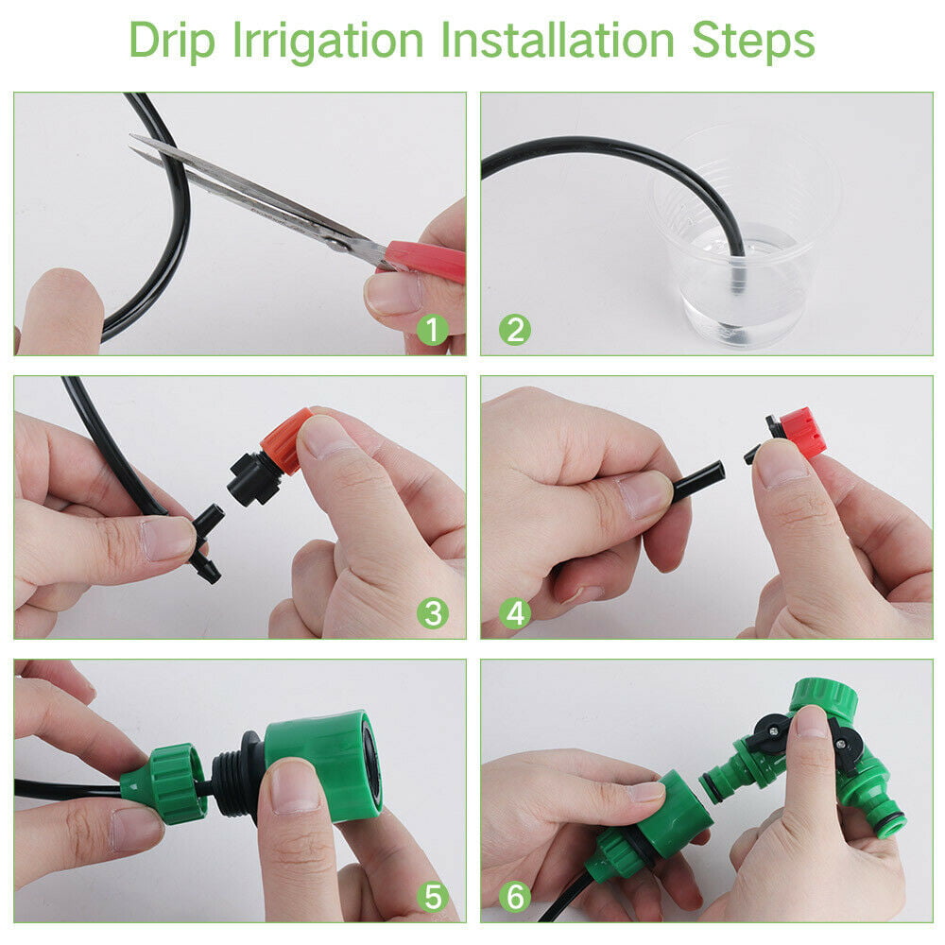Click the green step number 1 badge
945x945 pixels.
tap(433, 330)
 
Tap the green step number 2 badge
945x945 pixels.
tap(515, 330)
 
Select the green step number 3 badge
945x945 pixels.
tap(433, 613)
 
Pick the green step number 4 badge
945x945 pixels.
tap(515, 613)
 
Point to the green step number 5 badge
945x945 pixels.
tap(433, 897)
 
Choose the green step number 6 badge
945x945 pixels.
tap(515, 897)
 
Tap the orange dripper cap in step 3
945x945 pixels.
tap(288, 439)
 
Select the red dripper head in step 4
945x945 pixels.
tap(801, 433)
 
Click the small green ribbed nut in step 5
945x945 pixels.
tap(170, 782)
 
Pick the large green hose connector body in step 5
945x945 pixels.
tap(326, 761)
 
